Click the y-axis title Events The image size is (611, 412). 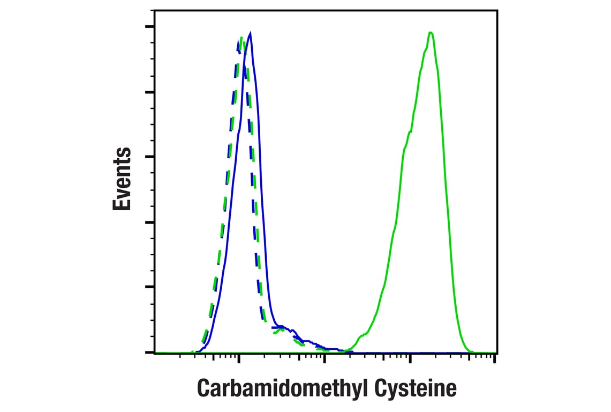pos(122,179)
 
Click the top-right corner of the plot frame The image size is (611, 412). pos(497,10)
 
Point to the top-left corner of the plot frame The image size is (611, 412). pos(155,10)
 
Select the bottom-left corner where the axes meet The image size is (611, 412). pos(155,352)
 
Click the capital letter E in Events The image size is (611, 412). pos(122,203)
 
